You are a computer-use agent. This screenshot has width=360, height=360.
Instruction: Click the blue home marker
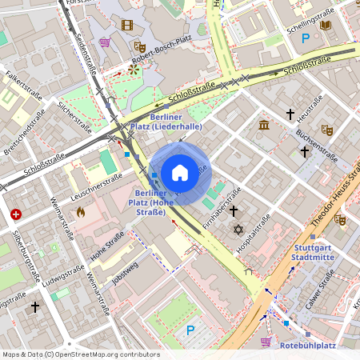180,173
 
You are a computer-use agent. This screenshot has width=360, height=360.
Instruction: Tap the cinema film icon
126,25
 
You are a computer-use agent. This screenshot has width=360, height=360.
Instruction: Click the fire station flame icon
80,212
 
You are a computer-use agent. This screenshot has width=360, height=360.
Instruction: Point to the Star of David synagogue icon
238,230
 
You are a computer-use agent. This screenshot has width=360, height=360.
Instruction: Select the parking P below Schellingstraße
304,38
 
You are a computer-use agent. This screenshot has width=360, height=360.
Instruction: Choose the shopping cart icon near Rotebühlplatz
265,342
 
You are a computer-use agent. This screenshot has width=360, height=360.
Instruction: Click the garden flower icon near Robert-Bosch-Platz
133,70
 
